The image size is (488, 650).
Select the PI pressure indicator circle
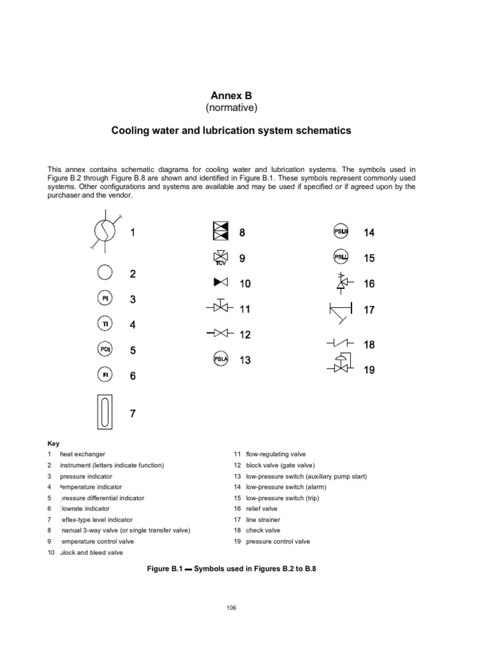(x=105, y=299)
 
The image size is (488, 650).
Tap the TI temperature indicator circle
(x=105, y=324)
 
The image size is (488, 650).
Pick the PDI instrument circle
(x=105, y=350)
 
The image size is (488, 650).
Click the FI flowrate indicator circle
(x=105, y=375)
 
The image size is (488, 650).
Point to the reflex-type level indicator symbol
(x=105, y=413)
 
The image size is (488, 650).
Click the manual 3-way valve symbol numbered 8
(x=220, y=232)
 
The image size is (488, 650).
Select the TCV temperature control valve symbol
(x=220, y=258)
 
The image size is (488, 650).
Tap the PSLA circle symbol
(x=220, y=360)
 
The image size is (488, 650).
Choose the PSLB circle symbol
(x=341, y=232)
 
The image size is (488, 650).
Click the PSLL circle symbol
(x=341, y=258)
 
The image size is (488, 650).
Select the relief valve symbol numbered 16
(x=341, y=283)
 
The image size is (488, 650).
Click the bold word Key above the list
(x=53, y=443)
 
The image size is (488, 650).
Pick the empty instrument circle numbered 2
(x=105, y=274)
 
